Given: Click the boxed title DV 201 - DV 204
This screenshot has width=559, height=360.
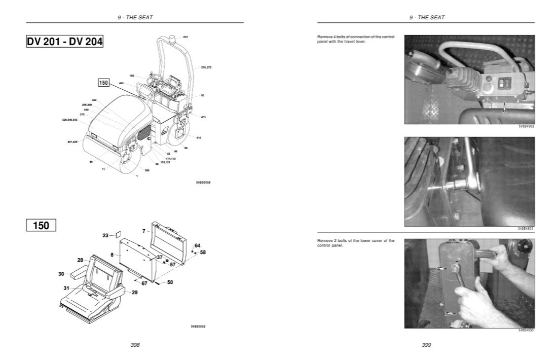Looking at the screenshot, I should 65,42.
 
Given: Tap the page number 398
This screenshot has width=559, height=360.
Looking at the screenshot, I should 135,345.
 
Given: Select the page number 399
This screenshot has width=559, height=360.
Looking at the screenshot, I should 426,345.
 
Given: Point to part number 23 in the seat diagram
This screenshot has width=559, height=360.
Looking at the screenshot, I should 105,235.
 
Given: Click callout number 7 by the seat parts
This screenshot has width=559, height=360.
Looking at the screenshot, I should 144,231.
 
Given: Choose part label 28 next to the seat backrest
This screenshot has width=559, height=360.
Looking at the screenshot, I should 80,260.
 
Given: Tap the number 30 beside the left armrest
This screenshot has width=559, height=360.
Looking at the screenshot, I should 61,274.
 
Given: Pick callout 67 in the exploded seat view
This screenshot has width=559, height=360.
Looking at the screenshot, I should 144,283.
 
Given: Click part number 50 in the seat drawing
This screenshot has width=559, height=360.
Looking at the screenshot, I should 170,282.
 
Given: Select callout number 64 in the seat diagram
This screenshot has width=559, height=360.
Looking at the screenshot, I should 197,245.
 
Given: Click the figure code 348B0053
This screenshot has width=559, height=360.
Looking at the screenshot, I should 198,327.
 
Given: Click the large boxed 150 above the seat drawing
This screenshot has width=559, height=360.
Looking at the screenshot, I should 41,226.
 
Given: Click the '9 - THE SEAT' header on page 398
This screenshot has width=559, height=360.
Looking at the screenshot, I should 135,17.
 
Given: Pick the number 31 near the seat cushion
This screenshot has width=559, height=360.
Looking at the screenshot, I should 66,288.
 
